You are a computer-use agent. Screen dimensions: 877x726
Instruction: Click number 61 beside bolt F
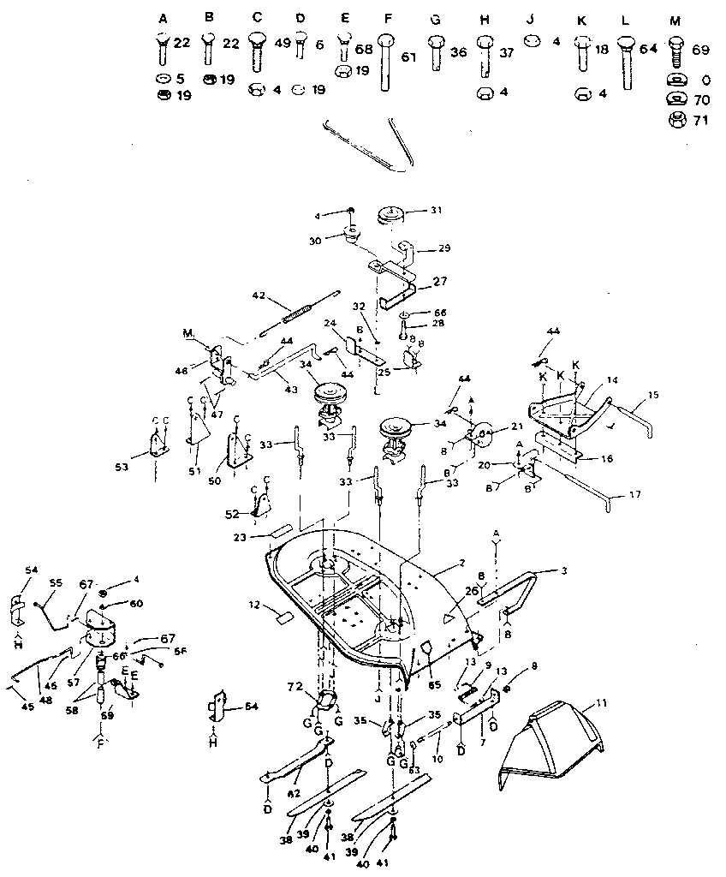click(408, 57)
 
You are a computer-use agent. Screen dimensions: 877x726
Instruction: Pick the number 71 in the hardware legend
click(700, 121)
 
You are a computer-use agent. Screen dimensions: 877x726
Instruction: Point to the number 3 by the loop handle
click(563, 570)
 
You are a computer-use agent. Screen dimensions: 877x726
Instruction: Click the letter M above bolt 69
click(675, 19)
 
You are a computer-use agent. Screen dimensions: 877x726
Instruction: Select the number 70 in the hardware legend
click(700, 99)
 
